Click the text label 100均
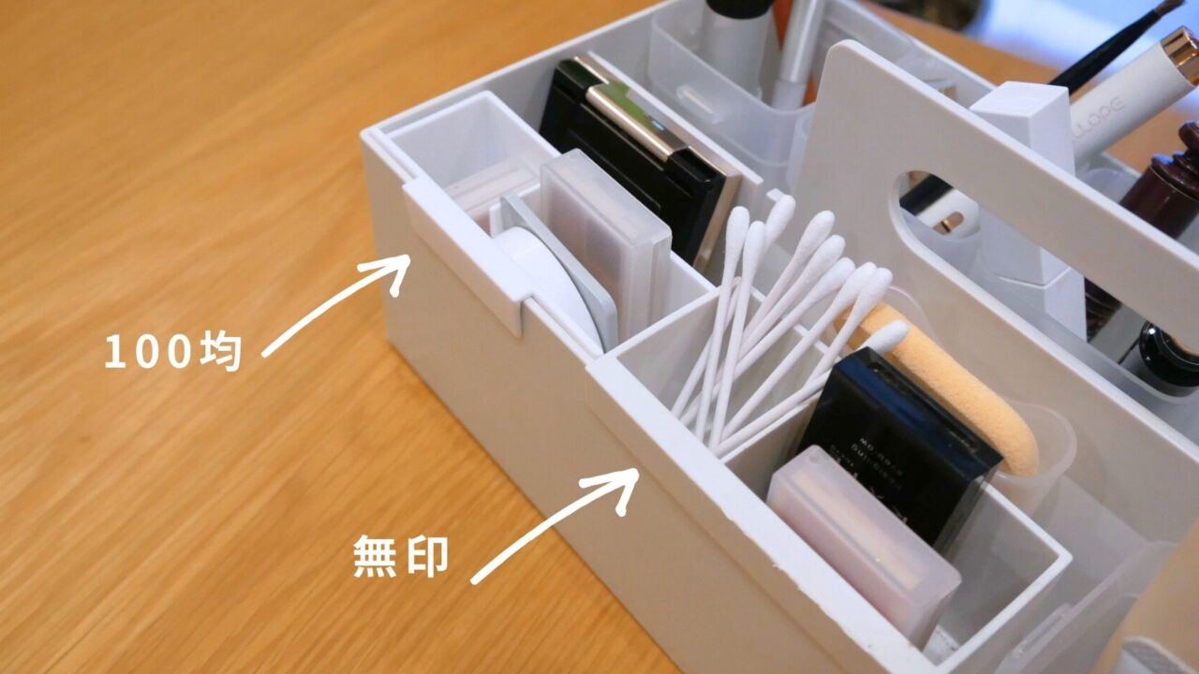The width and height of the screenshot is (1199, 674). coord(173,352)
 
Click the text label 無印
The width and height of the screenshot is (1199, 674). coord(401,557)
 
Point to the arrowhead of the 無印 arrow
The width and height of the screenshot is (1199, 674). coord(622,482)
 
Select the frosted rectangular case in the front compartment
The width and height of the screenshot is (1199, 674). coord(862,543)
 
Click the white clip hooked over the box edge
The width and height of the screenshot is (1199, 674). coord(468,253)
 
